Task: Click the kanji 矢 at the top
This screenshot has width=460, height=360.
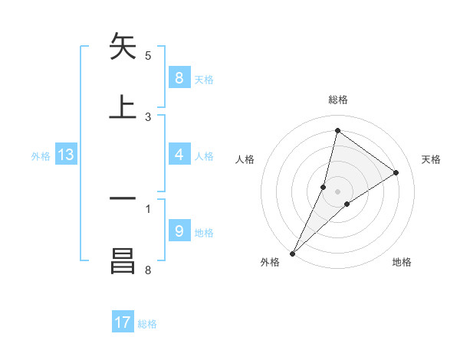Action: pos(123,47)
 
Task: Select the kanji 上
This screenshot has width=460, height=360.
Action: pos(123,106)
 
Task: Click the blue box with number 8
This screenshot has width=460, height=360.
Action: pos(179,78)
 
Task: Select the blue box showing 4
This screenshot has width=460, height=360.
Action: pos(179,155)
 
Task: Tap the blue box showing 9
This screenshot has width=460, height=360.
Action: pos(179,231)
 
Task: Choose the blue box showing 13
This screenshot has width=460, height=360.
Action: pos(66,155)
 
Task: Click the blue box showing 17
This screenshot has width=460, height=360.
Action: pos(123,322)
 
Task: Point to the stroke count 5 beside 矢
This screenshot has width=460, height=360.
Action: pos(148,55)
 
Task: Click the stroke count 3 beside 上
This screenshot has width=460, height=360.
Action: pos(148,116)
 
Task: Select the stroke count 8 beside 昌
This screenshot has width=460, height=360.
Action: pos(148,270)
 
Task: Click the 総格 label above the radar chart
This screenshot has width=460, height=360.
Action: pos(338,100)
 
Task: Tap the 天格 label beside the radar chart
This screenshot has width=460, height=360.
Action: pos(432,159)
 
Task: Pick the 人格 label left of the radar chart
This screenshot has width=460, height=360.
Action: pos(245,159)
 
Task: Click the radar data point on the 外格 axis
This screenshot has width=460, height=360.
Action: pos(293,253)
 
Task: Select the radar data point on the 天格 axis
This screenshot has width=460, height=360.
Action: pos(396,173)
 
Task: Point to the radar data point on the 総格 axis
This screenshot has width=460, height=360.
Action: pos(337,131)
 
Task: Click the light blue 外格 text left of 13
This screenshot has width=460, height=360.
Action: pos(41,156)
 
